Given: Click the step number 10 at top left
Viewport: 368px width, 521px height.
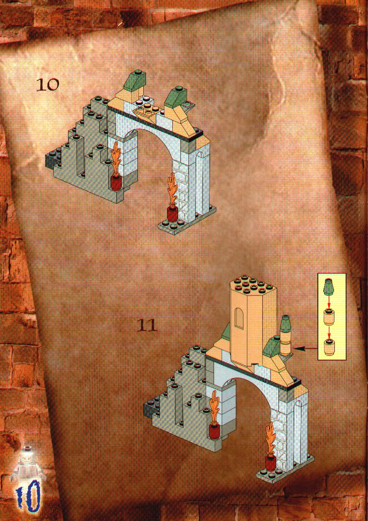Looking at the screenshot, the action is pos(48,85).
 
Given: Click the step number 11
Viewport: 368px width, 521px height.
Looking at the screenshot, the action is pos(147,326).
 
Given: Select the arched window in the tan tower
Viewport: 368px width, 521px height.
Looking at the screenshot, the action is pos(239,318).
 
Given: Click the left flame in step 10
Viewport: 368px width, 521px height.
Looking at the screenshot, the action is pos(116,157).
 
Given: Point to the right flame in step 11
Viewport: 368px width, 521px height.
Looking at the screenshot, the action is pos(270,437).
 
